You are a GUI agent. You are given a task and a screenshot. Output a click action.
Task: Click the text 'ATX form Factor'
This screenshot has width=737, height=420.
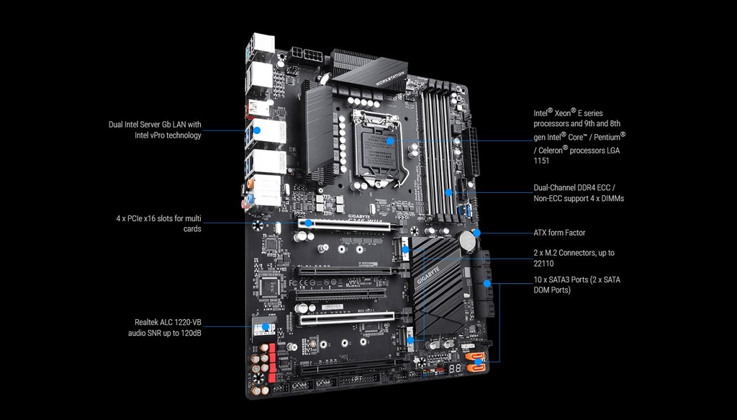coord(559,233)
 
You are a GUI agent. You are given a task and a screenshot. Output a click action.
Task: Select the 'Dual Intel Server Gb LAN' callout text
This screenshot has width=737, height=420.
coord(154,130)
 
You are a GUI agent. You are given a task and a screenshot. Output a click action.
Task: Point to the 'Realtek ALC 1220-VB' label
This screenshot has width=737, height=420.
coord(167,328)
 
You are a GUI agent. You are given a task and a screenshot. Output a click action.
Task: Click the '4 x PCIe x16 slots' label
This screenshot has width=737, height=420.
coord(158,223)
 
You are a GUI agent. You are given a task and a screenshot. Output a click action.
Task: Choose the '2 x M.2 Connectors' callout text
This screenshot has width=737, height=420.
coord(574,259)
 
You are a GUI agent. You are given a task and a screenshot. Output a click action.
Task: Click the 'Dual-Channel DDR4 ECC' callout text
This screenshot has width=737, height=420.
coord(574,192)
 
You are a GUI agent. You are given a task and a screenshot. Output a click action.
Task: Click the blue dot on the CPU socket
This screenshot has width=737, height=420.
coord(389,141)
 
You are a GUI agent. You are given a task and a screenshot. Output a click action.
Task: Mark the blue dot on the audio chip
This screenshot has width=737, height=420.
coord(266,327)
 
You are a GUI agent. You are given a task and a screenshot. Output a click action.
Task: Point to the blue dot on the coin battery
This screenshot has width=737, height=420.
coord(476,233)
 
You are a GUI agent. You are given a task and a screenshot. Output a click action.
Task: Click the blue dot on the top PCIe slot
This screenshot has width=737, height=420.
coord(307,223)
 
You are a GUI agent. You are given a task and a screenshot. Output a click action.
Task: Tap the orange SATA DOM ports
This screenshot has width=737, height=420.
coord(476,361)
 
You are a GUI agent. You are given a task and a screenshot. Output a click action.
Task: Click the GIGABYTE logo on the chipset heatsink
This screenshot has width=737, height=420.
coord(426,277)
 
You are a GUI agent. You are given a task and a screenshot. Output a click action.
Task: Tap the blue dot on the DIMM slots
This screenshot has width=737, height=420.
coord(448,192)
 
